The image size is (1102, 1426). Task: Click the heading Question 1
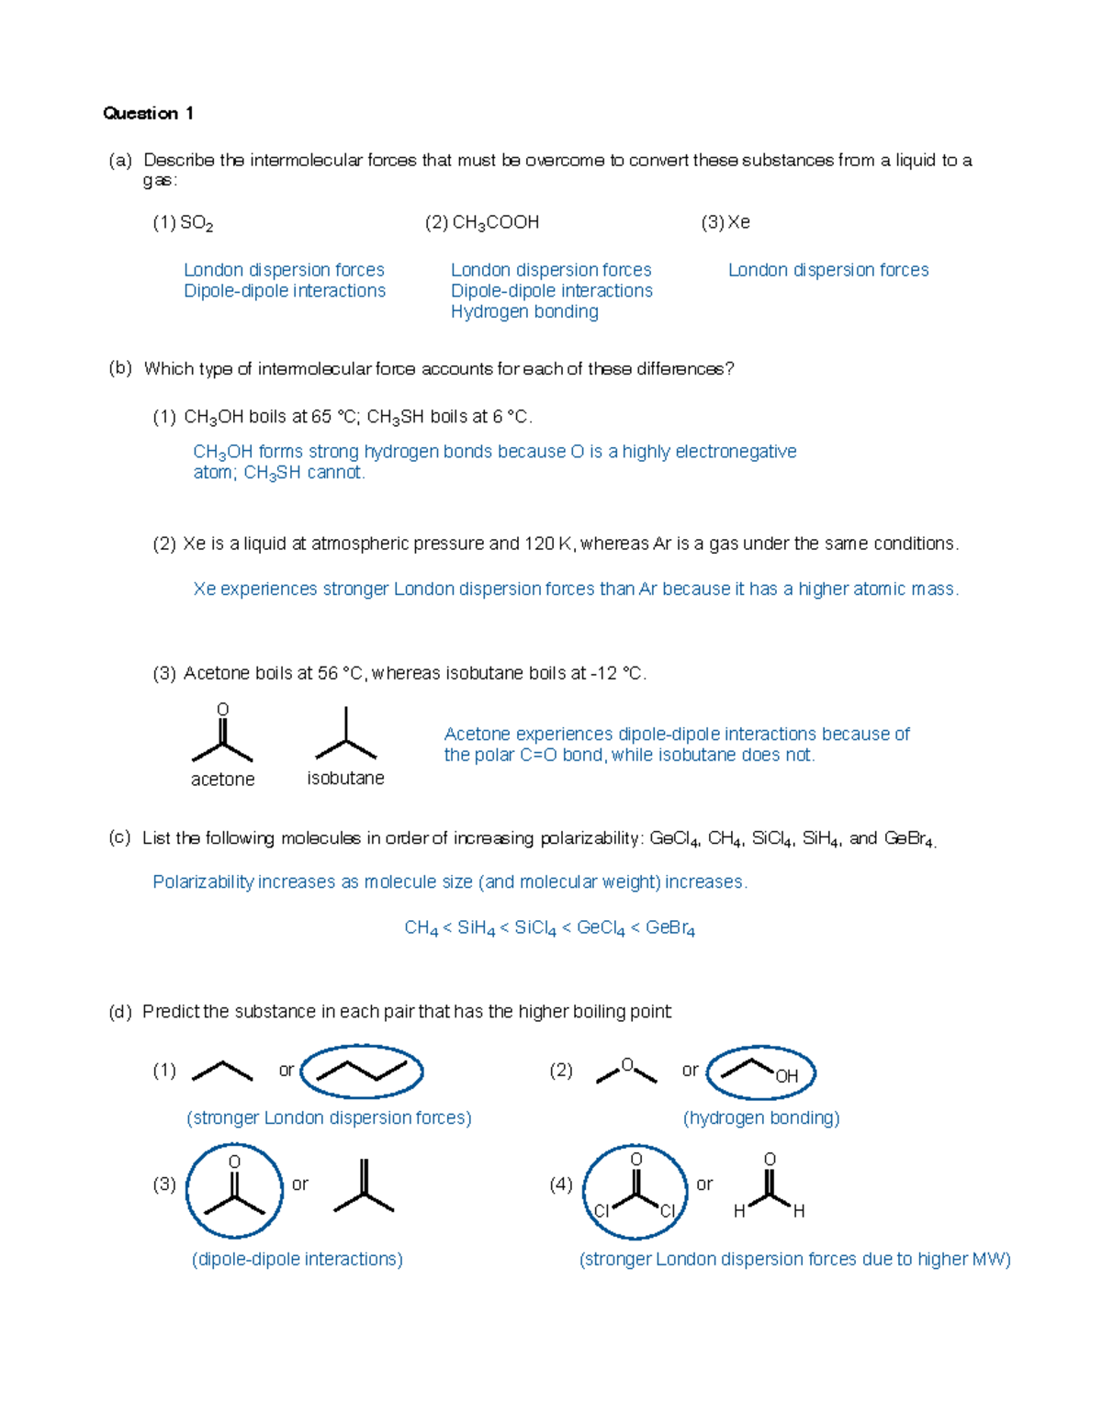coord(148,113)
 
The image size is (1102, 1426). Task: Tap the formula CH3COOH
coord(495,223)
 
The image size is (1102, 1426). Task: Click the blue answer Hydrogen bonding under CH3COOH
coord(524,311)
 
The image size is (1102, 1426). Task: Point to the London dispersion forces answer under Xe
coord(827,270)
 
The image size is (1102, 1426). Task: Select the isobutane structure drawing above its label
coord(345,735)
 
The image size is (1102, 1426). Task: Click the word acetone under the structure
coord(222,780)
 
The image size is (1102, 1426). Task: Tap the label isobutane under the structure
coord(345,779)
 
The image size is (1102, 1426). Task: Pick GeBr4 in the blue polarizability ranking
coord(670,928)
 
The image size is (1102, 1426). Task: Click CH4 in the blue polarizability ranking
coord(422,928)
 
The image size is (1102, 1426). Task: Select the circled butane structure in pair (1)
coord(362,1072)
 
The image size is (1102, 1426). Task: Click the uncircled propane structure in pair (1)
coord(222,1071)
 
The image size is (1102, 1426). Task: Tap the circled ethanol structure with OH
coord(761,1072)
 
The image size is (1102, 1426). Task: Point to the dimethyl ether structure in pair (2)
coord(626,1071)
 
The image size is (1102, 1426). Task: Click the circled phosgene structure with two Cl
coord(635,1192)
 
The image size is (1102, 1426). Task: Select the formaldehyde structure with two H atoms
coord(770,1189)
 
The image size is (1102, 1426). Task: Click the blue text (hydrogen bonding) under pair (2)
coord(761,1118)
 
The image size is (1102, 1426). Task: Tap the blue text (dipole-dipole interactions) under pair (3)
coord(297,1259)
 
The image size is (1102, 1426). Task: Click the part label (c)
coord(119,838)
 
